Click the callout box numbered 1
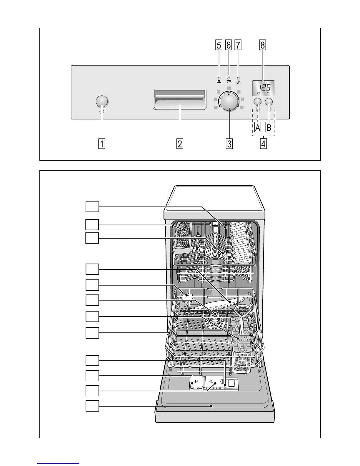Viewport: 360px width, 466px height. click(x=102, y=144)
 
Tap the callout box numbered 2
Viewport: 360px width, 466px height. click(x=180, y=144)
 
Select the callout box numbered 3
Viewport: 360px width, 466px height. click(x=229, y=144)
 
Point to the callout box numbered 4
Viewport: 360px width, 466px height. click(x=263, y=144)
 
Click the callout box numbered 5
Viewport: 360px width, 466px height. click(x=219, y=45)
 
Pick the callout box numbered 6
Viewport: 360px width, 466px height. click(x=229, y=45)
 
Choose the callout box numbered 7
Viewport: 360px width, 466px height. click(x=238, y=45)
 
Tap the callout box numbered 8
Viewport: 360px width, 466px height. click(x=262, y=45)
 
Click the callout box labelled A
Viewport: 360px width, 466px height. click(x=258, y=128)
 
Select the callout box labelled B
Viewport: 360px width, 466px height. click(x=269, y=128)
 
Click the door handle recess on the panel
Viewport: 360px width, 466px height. click(x=179, y=99)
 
